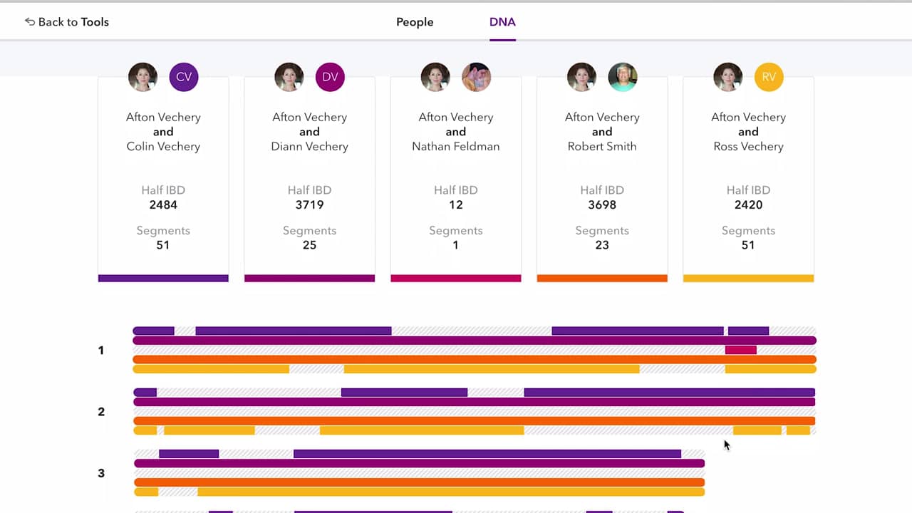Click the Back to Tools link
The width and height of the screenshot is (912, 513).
click(67, 22)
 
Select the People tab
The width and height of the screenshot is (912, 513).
click(415, 22)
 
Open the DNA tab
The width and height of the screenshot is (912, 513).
click(502, 22)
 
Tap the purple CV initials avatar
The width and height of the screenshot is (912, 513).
click(184, 77)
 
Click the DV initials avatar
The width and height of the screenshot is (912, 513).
click(330, 77)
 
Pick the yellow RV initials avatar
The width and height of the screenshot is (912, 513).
click(769, 77)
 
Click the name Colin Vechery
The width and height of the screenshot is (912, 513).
click(163, 146)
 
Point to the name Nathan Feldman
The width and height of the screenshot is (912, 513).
click(456, 146)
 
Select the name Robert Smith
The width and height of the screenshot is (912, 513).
click(602, 146)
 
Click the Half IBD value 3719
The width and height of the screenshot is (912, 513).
click(309, 204)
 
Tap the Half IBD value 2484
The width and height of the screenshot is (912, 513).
click(163, 204)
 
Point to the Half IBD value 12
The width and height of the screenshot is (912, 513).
click(456, 204)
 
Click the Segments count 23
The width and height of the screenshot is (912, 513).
click(602, 245)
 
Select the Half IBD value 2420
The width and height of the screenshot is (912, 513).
click(748, 204)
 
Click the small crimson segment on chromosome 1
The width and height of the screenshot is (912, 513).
click(740, 350)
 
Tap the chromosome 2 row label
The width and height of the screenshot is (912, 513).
click(101, 412)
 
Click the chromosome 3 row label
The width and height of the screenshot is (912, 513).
click(101, 473)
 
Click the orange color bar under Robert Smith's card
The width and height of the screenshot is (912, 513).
click(602, 279)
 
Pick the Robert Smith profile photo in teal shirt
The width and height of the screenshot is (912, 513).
click(623, 77)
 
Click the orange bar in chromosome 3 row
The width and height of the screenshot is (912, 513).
click(419, 482)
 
